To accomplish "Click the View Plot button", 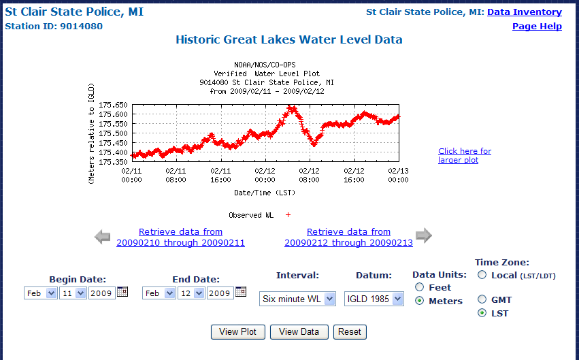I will (237, 332).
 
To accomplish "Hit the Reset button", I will (350, 332).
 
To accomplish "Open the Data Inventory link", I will (524, 12).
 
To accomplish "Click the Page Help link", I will (537, 27).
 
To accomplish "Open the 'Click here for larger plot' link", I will (464, 155).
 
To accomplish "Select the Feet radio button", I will (419, 287).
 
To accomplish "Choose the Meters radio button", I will (419, 301).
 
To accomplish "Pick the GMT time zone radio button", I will (482, 299).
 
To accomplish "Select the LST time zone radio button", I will (482, 313).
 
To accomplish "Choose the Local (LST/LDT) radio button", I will (482, 275).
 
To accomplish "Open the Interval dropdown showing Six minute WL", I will (297, 299).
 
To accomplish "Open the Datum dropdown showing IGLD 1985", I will (374, 299).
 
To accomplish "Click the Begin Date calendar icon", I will (122, 292).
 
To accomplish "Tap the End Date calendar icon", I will (241, 292).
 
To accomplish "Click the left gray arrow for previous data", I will (102, 237).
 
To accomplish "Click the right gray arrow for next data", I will (423, 236).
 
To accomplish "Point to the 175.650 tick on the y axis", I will (113, 105).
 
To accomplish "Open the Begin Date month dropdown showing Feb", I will (42, 293).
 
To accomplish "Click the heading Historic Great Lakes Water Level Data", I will (289, 40).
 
